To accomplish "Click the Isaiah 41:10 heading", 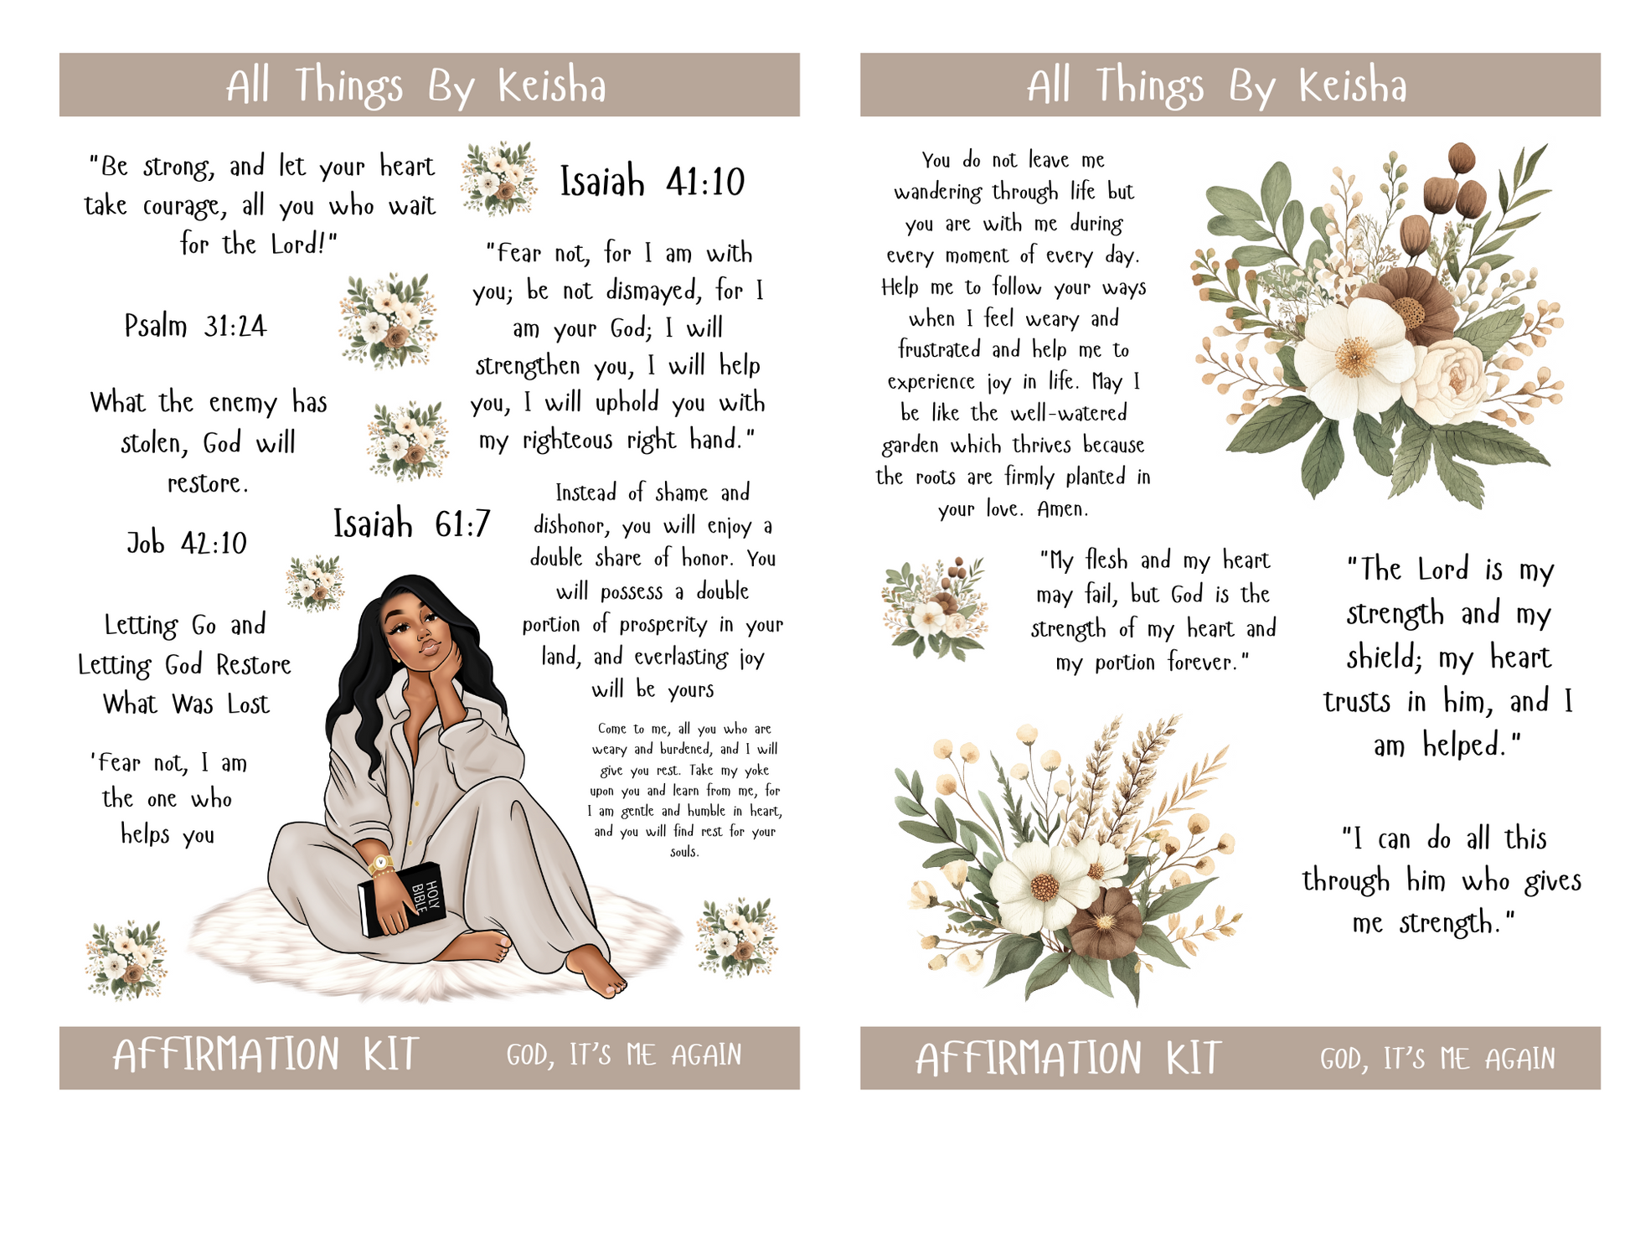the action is coord(652,182).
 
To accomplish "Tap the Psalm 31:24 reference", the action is coord(195,325).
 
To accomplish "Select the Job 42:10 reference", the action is coord(187,543).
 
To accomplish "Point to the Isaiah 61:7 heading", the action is coord(411,524).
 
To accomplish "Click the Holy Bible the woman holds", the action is coord(402,899).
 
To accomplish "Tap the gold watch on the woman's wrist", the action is coord(381,864).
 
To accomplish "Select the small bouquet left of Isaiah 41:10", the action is coord(499,178).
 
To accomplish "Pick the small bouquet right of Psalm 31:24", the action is coord(389,321).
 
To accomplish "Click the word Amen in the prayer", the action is coord(1062,508).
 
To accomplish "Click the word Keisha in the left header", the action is coord(552,85).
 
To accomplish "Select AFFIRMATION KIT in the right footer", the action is coord(1068,1058).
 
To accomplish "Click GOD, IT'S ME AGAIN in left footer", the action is coord(624,1055).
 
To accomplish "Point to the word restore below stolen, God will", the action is coord(208,483).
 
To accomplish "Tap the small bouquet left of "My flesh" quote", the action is coord(935,608).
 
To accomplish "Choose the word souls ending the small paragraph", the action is coord(684,852).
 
